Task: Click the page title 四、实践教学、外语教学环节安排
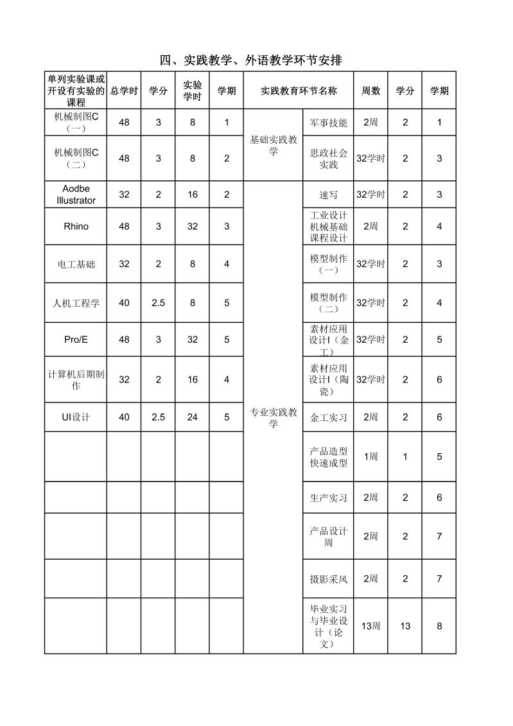pyautogui.click(x=250, y=60)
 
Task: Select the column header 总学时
pyautogui.click(x=124, y=91)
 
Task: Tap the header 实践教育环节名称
pyautogui.click(x=299, y=91)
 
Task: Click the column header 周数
pyautogui.click(x=370, y=91)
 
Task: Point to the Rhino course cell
pyautogui.click(x=76, y=227)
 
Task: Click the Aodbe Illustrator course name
pyautogui.click(x=76, y=194)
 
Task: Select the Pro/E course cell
pyautogui.click(x=76, y=340)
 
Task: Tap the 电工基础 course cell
pyautogui.click(x=76, y=264)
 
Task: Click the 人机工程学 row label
pyautogui.click(x=76, y=303)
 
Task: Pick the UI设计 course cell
pyautogui.click(x=76, y=417)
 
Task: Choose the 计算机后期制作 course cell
pyautogui.click(x=76, y=379)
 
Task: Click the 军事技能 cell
pyautogui.click(x=328, y=123)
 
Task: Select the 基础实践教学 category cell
pyautogui.click(x=274, y=145)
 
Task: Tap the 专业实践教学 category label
pyautogui.click(x=274, y=417)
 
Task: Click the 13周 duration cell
pyautogui.click(x=370, y=626)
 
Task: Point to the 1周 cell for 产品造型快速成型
pyautogui.click(x=370, y=456)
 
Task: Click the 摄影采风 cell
pyautogui.click(x=328, y=579)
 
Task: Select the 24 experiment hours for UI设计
pyautogui.click(x=193, y=417)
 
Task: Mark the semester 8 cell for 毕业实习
pyautogui.click(x=439, y=626)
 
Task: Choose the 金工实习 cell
pyautogui.click(x=328, y=417)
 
